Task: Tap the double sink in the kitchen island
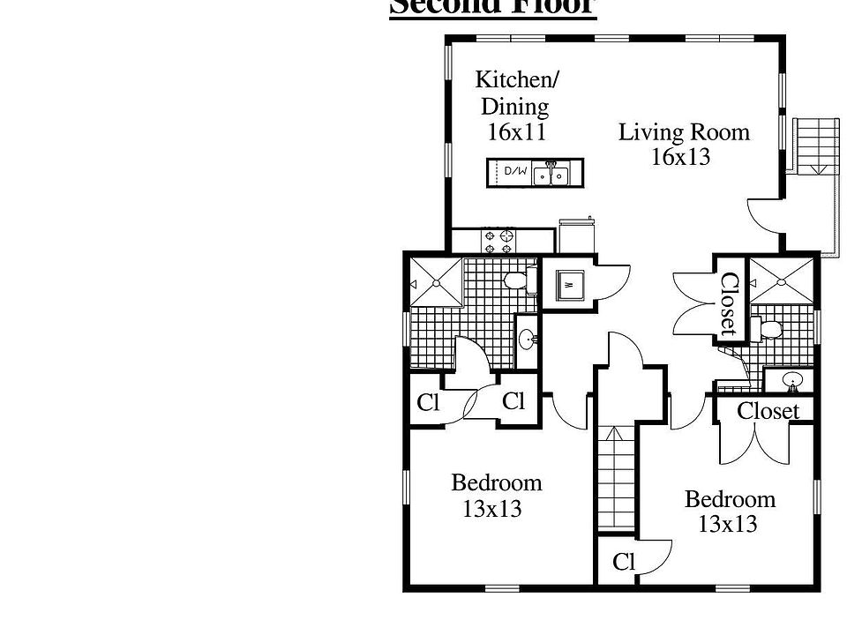coord(551,174)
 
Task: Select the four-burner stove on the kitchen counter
coord(498,241)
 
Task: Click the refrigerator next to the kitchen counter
coord(576,236)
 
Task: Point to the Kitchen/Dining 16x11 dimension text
coord(517,133)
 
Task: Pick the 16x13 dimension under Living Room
coord(680,158)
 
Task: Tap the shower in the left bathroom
coord(437,282)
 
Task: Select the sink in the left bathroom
coord(527,339)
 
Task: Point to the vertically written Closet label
coord(729,304)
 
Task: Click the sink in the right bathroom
coord(792,381)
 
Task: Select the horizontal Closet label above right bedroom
coord(768,411)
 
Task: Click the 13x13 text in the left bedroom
coord(492,509)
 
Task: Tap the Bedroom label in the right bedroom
coord(730,499)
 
